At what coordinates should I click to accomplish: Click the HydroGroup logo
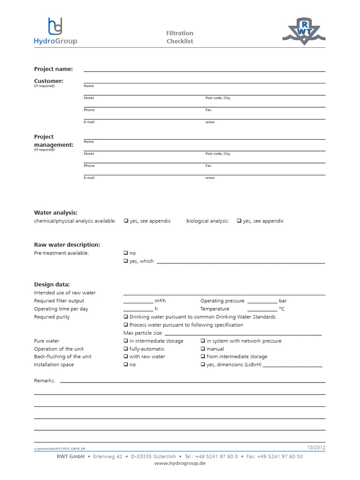[x=55, y=31]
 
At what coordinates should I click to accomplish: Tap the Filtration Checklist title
[x=180, y=37]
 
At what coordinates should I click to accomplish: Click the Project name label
[x=53, y=69]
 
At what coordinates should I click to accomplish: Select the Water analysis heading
[x=56, y=212]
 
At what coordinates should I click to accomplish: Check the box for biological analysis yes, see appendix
[x=239, y=221]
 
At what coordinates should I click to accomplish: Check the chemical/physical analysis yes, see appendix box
[x=126, y=221]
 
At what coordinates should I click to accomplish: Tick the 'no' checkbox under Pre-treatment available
[x=126, y=253]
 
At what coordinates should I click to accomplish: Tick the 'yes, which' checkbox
[x=126, y=261]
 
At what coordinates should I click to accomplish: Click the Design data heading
[x=52, y=284]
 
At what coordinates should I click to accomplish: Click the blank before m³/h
[x=138, y=301]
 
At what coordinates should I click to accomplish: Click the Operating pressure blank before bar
[x=262, y=301]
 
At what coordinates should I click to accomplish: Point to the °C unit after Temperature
[x=282, y=309]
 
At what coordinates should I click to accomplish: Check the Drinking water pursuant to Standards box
[x=126, y=317]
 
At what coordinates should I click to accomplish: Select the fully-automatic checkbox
[x=126, y=349]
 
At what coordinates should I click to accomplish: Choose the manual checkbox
[x=203, y=349]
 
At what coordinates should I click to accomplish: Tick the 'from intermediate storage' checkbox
[x=203, y=357]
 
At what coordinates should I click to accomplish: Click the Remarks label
[x=45, y=381]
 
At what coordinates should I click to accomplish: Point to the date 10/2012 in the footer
[x=316, y=447]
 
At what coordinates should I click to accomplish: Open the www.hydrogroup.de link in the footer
[x=180, y=463]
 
